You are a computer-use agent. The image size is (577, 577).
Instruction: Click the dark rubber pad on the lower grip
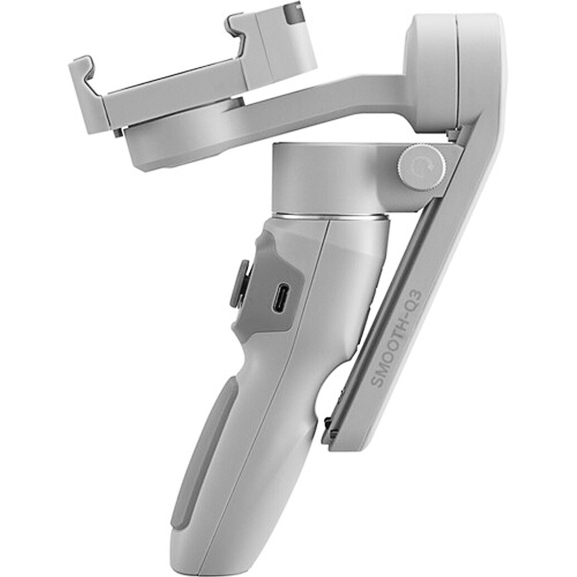click(x=203, y=446)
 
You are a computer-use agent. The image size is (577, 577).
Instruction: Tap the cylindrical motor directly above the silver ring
click(x=329, y=178)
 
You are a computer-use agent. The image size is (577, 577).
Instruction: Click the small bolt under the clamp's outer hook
click(x=118, y=133)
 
